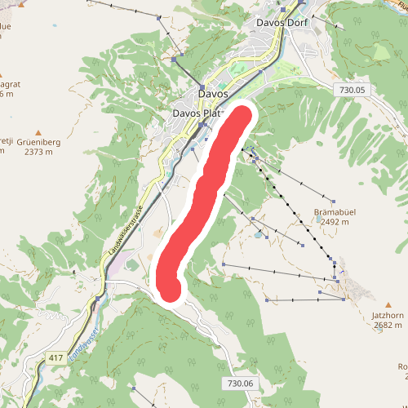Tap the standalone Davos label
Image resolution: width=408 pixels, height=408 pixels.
[x=214, y=93]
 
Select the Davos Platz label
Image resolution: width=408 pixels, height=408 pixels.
[x=196, y=113]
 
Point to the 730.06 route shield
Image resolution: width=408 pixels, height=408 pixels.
[x=238, y=384]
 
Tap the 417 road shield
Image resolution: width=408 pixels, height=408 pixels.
[x=55, y=358]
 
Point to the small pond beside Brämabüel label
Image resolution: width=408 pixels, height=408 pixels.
[x=259, y=235]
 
